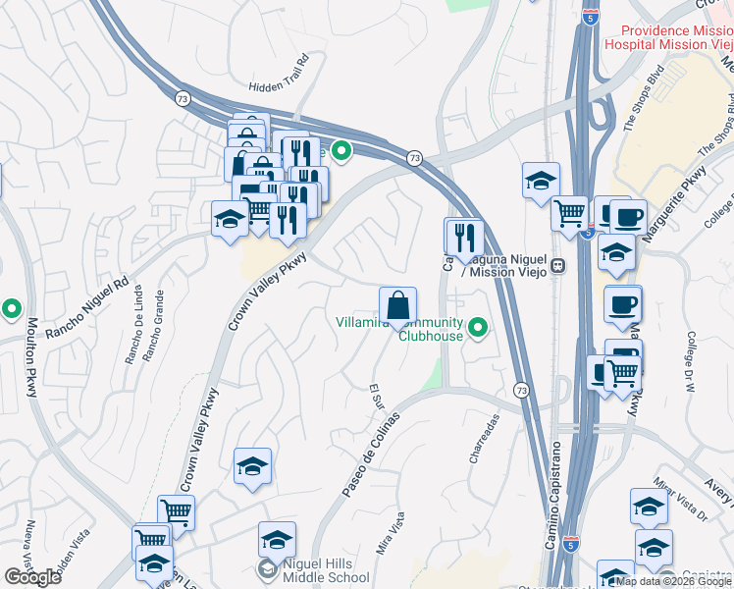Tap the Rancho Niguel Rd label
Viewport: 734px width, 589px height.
[87, 306]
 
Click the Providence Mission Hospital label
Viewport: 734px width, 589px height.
[668, 38]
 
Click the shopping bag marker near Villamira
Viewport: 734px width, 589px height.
[397, 305]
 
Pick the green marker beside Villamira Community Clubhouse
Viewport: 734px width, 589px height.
[478, 327]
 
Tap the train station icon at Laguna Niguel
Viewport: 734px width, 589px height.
[556, 265]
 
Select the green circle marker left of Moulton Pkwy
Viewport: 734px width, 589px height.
[12, 309]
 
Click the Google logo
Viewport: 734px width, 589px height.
[31, 577]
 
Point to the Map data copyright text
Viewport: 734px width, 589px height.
[672, 581]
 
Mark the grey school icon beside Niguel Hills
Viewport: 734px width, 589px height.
[266, 569]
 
